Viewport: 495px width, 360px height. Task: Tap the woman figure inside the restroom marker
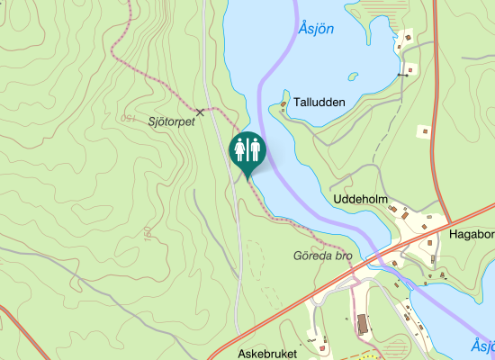coord(240,148)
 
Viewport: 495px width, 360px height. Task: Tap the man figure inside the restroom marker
coord(255,148)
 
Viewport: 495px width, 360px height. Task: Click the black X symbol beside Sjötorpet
coord(200,112)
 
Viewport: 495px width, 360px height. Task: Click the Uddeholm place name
coord(360,198)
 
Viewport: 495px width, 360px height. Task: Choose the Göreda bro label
coord(322,256)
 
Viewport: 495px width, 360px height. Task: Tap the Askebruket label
coord(267,355)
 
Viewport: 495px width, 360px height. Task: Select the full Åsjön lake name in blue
coord(316,29)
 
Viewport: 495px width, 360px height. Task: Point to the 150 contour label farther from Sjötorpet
coord(145,233)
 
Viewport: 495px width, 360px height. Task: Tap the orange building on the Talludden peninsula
coord(283,104)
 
